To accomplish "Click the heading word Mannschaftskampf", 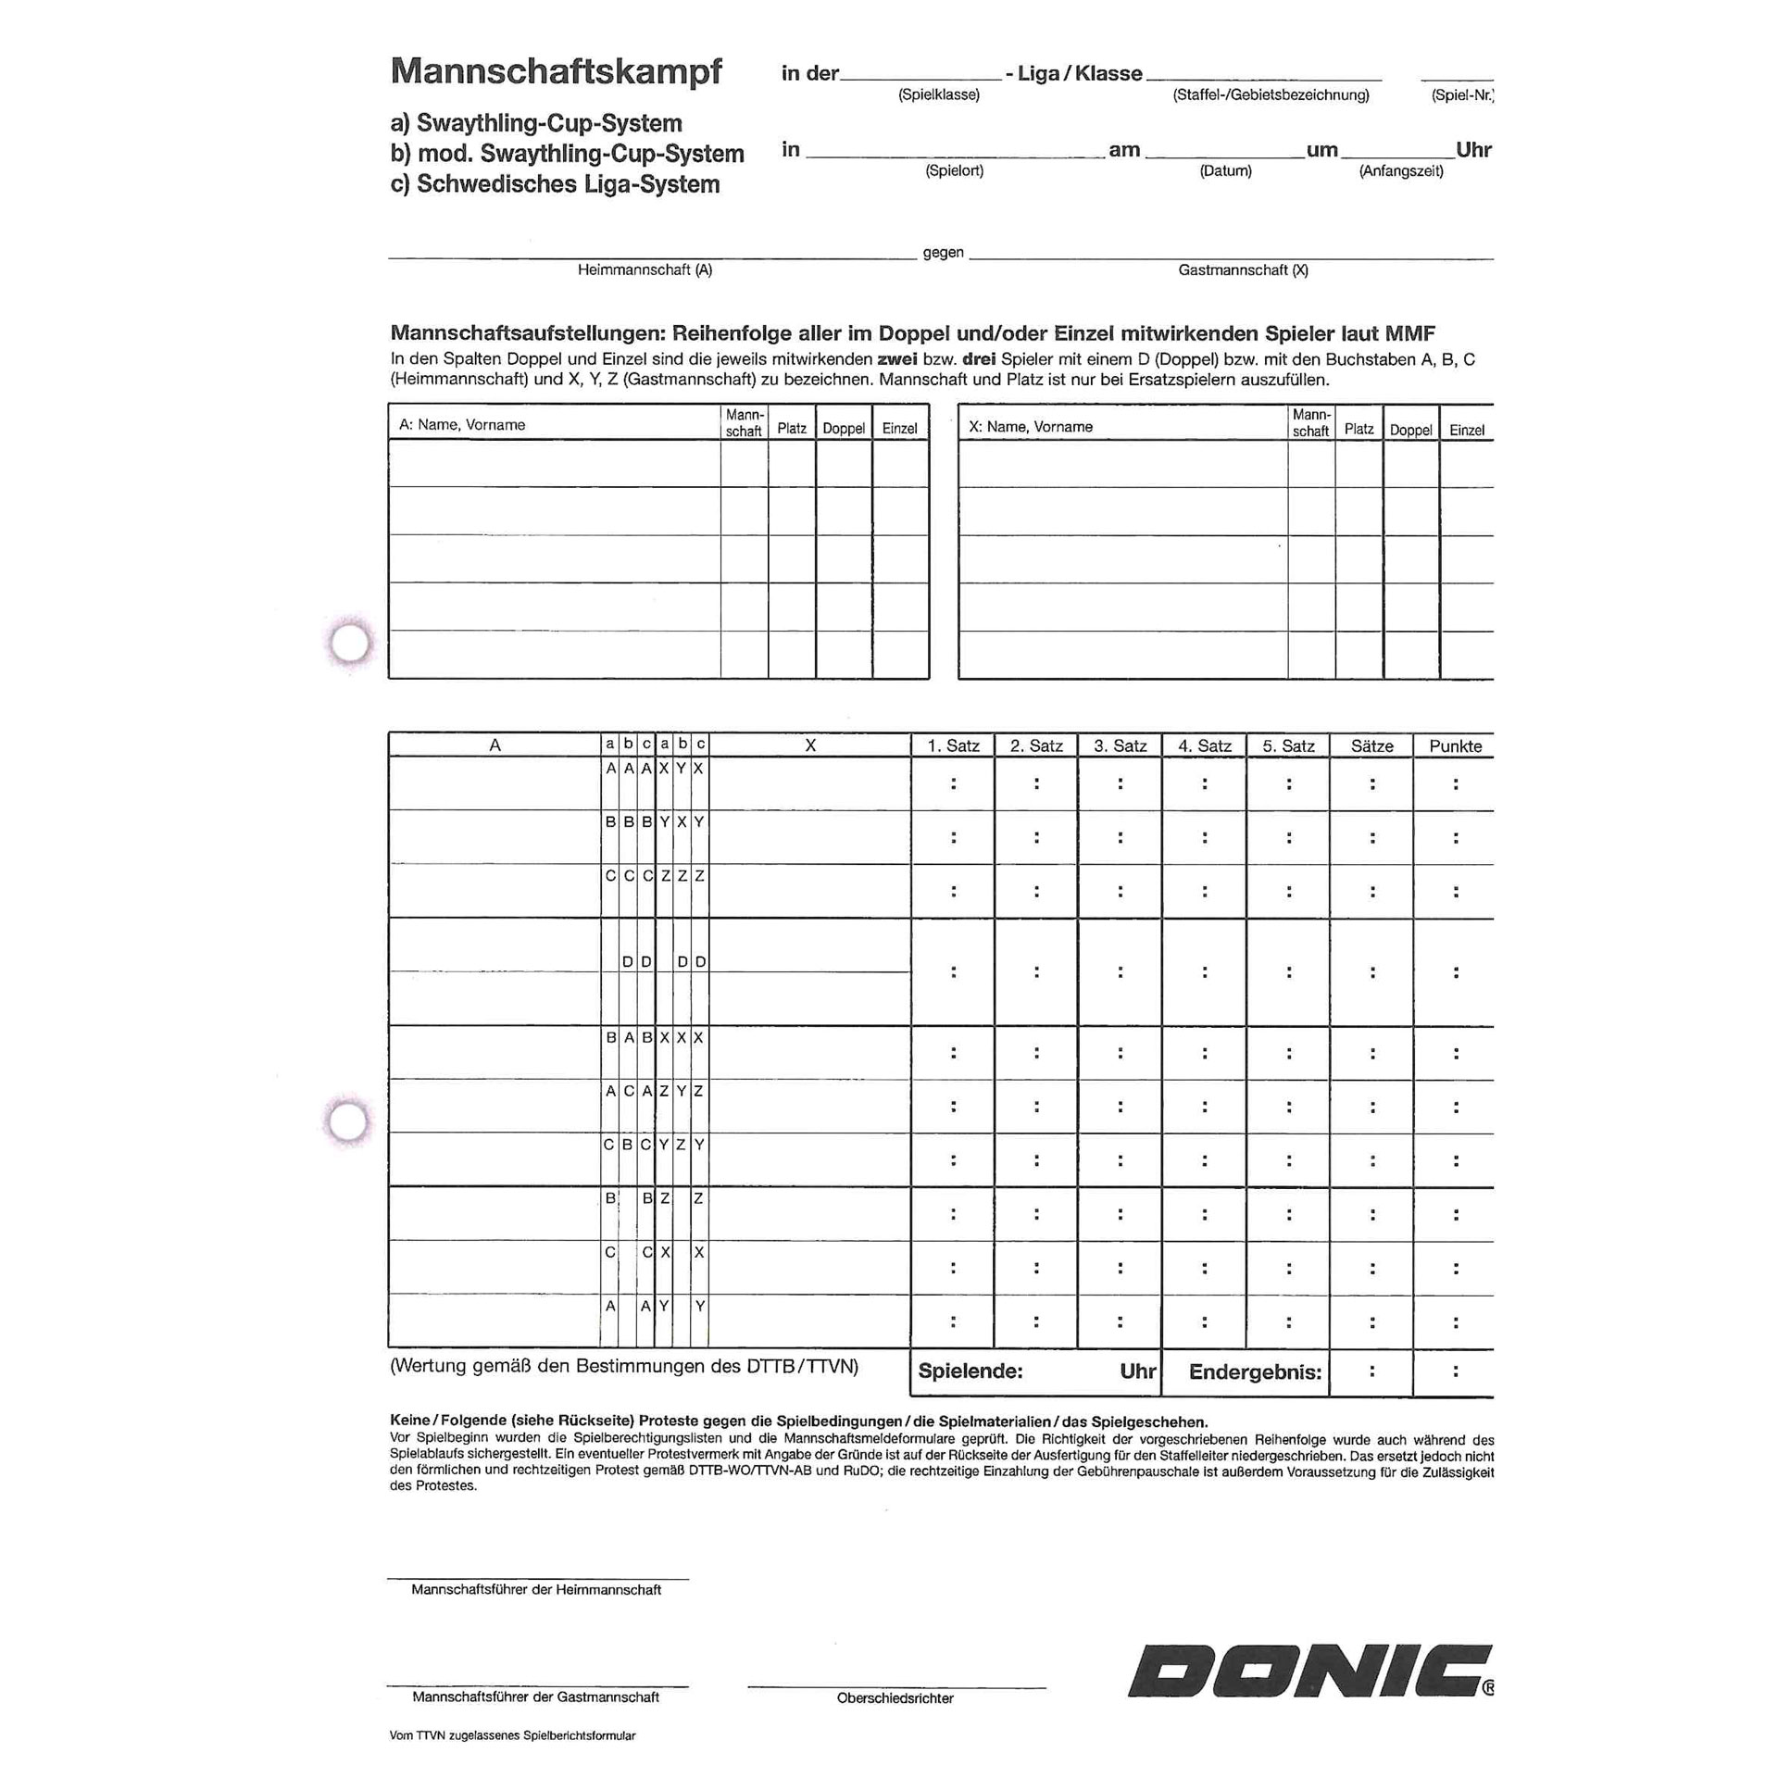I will click(556, 71).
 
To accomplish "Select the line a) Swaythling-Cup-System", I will click(536, 123).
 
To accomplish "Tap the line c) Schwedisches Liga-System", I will click(555, 184).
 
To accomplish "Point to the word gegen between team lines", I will click(943, 252).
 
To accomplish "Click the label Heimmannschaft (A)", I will click(645, 269).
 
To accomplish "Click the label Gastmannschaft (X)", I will click(1243, 269).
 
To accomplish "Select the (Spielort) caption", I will click(954, 170).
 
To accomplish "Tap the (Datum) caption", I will click(1225, 170).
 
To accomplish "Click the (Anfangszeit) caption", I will click(1400, 170).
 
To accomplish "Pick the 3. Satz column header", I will click(1120, 745).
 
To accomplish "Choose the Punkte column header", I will click(1455, 745).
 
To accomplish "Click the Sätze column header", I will click(1371, 745).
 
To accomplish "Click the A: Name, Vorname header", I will click(462, 425).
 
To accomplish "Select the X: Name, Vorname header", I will click(1030, 427).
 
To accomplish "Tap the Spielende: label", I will click(970, 1371).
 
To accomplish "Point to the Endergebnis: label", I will click(1255, 1371).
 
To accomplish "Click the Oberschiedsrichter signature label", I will click(895, 1697).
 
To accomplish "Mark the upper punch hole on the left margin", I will click(350, 642).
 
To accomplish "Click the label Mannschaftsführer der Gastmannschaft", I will click(535, 1697).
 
